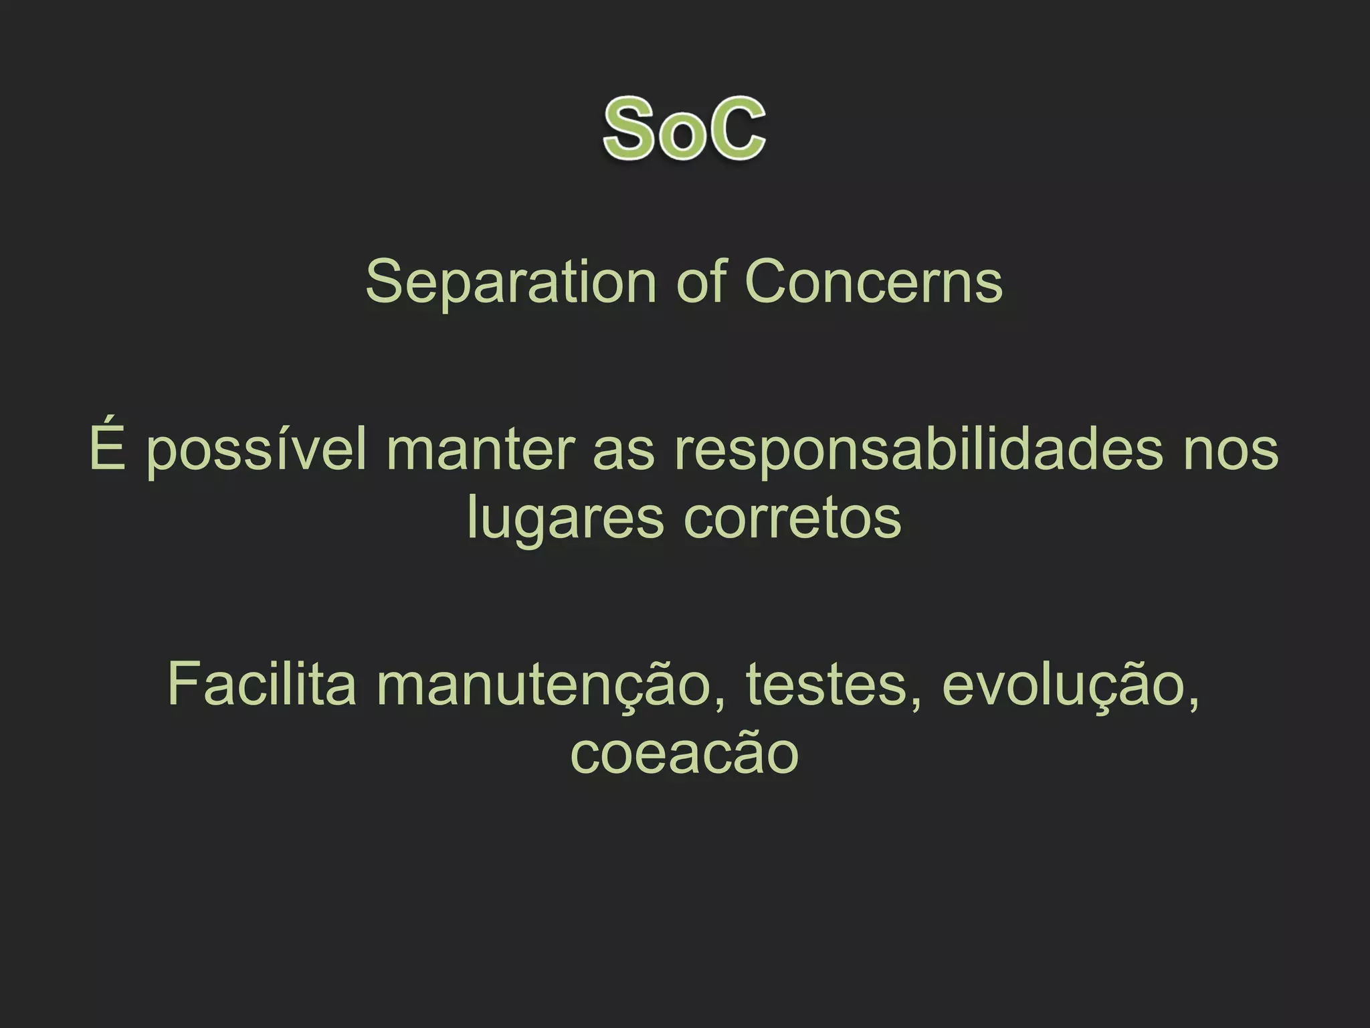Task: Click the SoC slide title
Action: [x=684, y=128]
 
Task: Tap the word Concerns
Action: [x=874, y=282]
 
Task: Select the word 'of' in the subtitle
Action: [x=701, y=282]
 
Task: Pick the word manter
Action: [x=480, y=450]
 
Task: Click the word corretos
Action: [x=793, y=519]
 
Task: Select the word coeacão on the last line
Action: [x=684, y=753]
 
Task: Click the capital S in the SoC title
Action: [x=628, y=128]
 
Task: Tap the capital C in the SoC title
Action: [x=735, y=128]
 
